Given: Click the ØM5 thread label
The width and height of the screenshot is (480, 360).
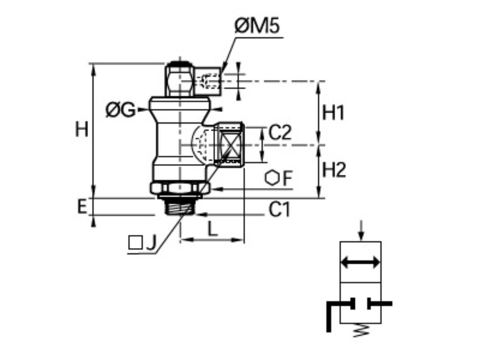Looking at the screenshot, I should (257, 27).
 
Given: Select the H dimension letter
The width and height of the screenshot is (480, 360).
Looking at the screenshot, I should (82, 129).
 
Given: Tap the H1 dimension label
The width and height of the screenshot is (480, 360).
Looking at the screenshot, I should (334, 113).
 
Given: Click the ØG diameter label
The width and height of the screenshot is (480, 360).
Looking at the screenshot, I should (120, 111).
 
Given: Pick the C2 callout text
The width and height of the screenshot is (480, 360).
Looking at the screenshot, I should (280, 133).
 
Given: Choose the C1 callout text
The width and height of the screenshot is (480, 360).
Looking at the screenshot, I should (279, 210).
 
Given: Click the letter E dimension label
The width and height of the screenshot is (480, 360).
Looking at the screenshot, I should (82, 207).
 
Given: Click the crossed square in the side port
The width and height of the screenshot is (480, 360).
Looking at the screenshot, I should (229, 145).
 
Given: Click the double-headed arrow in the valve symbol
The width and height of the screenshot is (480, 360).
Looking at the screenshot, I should (360, 262).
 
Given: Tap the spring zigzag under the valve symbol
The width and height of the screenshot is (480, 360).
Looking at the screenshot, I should (360, 331).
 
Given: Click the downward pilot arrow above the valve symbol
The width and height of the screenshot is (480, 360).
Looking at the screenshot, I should (360, 230).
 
